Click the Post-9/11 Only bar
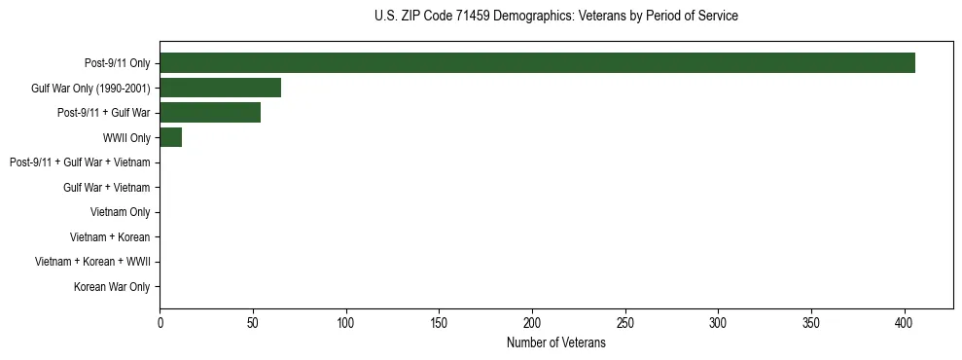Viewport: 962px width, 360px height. click(537, 63)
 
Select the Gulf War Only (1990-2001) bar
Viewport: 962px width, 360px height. click(220, 88)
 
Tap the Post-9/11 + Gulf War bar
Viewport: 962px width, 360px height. click(210, 113)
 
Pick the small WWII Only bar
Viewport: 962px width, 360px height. click(170, 137)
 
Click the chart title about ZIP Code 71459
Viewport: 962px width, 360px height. click(555, 17)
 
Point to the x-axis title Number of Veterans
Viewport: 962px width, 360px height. click(555, 342)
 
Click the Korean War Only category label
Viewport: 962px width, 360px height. click(112, 287)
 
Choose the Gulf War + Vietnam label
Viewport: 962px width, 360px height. click(106, 188)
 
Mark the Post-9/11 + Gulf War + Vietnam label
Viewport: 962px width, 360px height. click(80, 162)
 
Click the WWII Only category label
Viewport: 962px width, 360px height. click(126, 138)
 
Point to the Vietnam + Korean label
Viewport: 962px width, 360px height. click(110, 237)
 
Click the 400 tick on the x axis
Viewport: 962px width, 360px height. click(905, 321)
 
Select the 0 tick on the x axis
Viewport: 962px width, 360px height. click(160, 321)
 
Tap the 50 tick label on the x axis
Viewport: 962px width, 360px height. click(253, 321)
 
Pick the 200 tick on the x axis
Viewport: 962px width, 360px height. click(532, 321)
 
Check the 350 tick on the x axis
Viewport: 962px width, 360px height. click(811, 321)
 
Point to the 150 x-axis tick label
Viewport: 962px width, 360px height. click(439, 321)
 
